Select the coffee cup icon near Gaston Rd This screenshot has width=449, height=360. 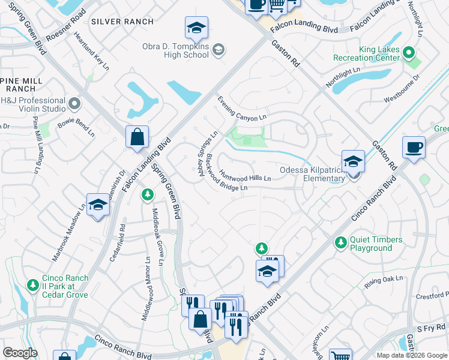point(414,148)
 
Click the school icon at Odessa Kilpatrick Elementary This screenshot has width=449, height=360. point(353,161)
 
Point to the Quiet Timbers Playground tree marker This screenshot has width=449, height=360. point(340,242)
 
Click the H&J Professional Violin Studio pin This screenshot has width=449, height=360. point(74,104)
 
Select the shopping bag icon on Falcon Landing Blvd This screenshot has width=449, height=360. point(137,136)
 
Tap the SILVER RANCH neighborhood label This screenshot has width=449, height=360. point(122,22)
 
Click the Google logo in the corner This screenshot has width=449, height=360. point(20,352)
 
